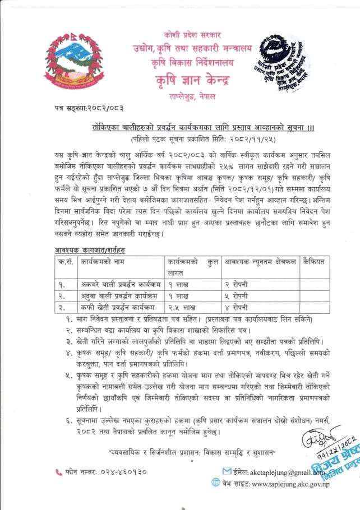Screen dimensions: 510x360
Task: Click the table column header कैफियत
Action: pyautogui.click(x=315, y=261)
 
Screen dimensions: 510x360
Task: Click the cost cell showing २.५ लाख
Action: pyautogui.click(x=181, y=307)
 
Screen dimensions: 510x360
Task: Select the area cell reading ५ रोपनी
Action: pyautogui.click(x=239, y=295)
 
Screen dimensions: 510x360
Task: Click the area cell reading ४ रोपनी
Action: pyautogui.click(x=239, y=307)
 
